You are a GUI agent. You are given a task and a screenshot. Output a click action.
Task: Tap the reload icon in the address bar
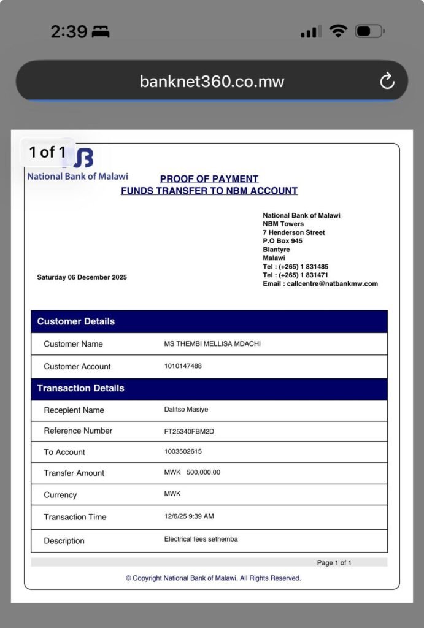click(387, 81)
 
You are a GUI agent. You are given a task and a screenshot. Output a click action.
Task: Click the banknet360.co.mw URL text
click(212, 82)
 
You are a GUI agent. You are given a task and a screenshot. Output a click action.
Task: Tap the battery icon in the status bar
click(369, 31)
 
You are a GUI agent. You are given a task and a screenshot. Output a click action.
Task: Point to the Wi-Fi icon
click(337, 31)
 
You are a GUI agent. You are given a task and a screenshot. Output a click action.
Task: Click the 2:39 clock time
click(69, 32)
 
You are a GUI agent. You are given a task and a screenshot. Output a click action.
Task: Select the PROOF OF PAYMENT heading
click(209, 179)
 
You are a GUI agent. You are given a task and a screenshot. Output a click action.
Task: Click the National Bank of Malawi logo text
click(77, 177)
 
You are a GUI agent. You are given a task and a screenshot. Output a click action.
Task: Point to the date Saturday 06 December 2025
click(82, 277)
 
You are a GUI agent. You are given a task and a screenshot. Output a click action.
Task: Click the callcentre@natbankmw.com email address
click(332, 284)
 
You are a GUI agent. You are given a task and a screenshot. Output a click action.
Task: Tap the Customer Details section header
click(76, 321)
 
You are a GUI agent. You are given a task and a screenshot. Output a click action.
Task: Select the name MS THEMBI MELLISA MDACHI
click(212, 344)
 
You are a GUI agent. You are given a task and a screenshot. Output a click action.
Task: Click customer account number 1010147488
click(183, 366)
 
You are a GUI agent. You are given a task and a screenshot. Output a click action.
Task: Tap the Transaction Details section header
click(80, 388)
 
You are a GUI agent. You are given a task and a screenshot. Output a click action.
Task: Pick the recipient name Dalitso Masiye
click(186, 410)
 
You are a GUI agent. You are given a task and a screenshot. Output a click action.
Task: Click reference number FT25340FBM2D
click(189, 431)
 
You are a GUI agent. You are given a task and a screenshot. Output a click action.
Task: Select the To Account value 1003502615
click(183, 452)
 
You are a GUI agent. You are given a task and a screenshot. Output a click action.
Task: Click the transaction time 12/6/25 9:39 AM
click(189, 516)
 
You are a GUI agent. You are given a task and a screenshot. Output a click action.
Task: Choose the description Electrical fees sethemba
click(201, 540)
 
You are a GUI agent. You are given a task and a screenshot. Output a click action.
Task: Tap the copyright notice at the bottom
click(213, 578)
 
